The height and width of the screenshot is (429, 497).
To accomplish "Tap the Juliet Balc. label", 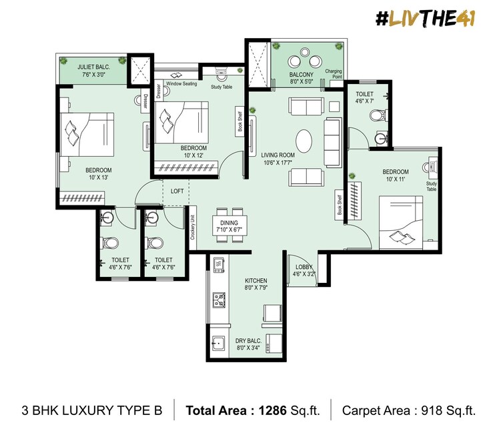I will pos(93,71).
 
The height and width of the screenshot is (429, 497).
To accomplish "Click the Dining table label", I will pos(229,226).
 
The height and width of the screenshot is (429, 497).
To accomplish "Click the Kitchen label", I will pos(256,284).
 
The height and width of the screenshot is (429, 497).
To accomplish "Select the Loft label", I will pos(177,191).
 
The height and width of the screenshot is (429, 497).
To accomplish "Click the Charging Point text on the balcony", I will pos(333,73).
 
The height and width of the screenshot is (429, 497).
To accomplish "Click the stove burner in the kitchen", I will pos(218,300).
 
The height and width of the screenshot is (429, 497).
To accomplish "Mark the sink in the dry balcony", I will pos(217,345).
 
